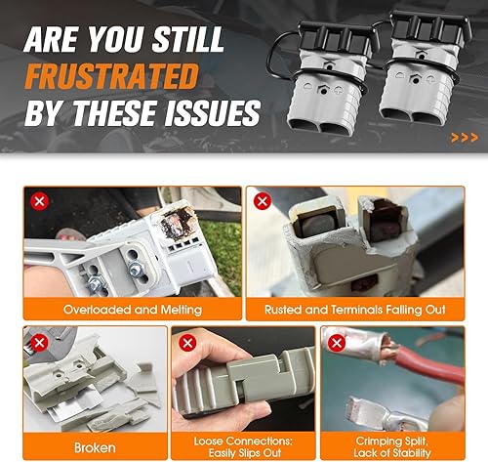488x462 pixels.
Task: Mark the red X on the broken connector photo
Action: [x=40, y=343]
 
